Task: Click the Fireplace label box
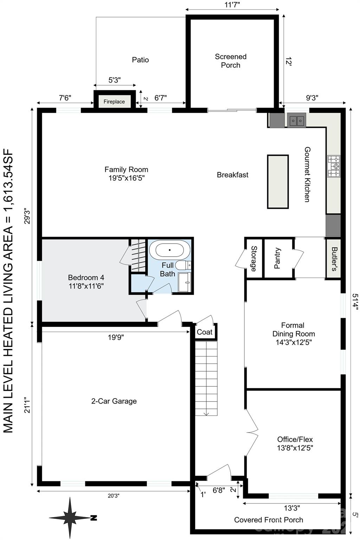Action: coord(114,102)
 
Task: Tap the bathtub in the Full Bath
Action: coord(169,250)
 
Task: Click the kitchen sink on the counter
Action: coord(297,121)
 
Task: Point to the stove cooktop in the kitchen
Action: coord(334,166)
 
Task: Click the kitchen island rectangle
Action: coord(278,181)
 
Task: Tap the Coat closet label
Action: coord(205,332)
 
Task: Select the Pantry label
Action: coord(277,258)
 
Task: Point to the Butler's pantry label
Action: coord(334,258)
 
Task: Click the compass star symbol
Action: coord(71,517)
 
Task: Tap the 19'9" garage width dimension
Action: coord(116,337)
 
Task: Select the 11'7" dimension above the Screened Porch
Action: coord(232,5)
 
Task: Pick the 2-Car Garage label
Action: coord(114,401)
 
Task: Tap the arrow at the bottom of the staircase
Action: coord(206,412)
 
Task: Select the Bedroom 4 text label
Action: coord(86,282)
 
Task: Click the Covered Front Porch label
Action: coord(268,520)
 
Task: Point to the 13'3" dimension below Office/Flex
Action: coord(291,508)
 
